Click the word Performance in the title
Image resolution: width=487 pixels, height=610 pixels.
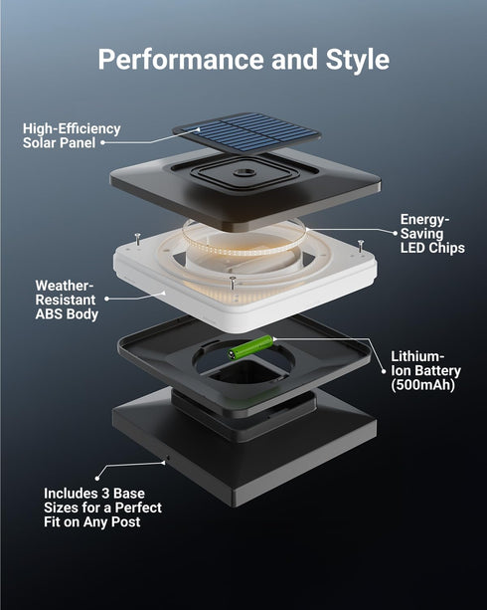point(181,59)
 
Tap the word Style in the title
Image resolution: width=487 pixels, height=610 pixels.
point(358,61)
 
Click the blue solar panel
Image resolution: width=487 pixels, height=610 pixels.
point(247,132)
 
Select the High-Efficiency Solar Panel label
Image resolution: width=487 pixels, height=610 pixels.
point(72,135)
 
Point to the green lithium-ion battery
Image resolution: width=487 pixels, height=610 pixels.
point(251,346)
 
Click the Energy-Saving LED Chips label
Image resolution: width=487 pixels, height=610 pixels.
point(432,234)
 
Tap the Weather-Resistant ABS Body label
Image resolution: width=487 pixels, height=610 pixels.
point(67,300)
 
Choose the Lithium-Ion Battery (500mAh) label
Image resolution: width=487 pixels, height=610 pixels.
point(425,371)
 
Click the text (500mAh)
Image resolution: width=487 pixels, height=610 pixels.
point(422,385)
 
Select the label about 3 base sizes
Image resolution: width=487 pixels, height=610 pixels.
point(102,508)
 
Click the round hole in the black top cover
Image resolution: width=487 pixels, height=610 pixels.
point(244,172)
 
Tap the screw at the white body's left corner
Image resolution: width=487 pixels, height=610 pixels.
point(137,238)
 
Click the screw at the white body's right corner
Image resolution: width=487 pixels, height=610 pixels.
point(361,245)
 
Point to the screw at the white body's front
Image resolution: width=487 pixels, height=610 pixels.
point(233,283)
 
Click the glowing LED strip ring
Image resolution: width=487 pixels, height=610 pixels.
point(244,238)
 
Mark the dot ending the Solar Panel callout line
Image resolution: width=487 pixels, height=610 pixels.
point(103,142)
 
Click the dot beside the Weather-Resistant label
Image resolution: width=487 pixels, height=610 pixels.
point(107,299)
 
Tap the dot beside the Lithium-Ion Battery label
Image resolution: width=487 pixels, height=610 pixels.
point(384,371)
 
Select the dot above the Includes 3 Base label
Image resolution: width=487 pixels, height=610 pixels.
point(97,478)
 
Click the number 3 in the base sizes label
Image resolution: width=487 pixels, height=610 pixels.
point(105,494)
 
